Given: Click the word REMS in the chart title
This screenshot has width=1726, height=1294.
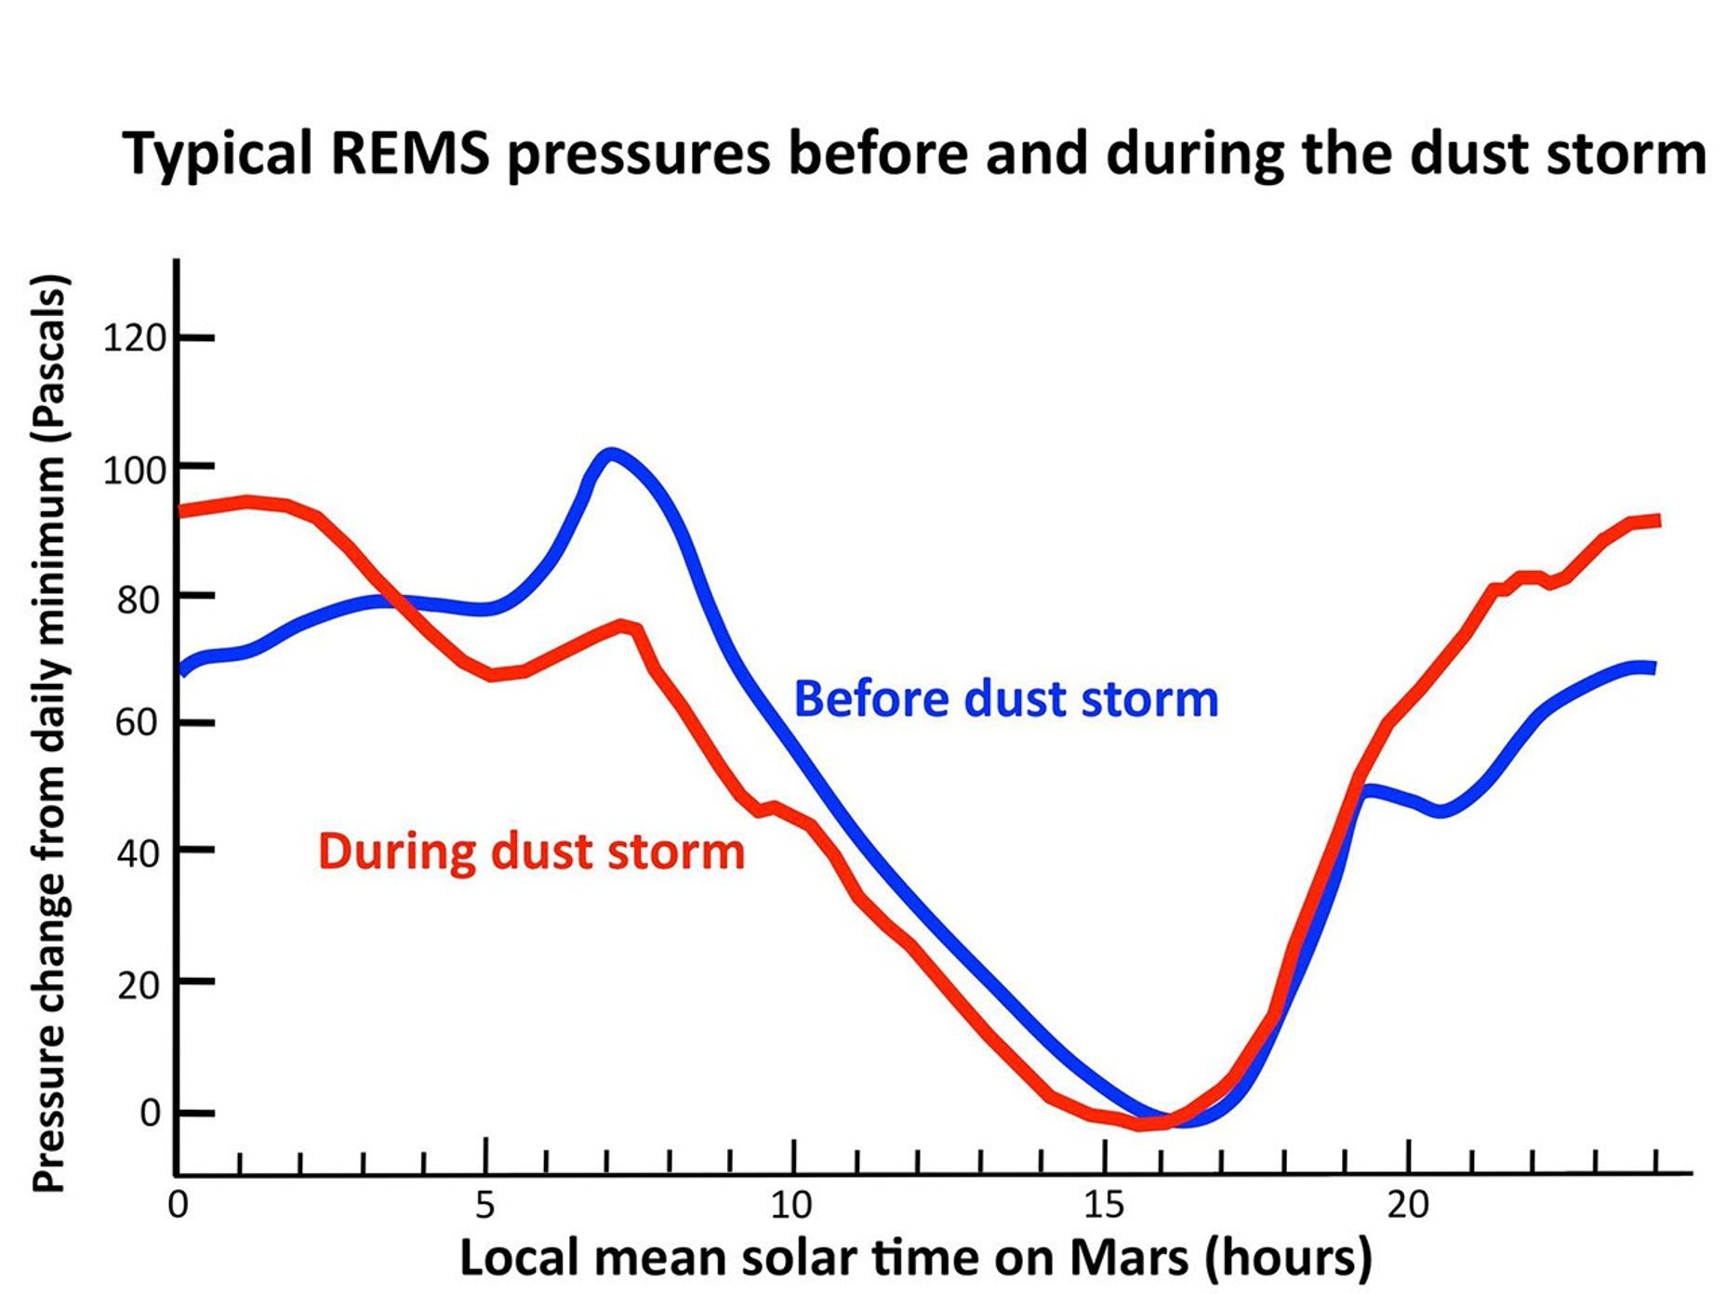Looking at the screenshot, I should coord(409,153).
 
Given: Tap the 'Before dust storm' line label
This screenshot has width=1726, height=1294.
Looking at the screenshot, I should coord(1005,699).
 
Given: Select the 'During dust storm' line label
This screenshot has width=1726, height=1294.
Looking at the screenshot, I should coord(531,852).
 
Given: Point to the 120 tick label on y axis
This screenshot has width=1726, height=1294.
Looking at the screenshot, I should coord(134,338).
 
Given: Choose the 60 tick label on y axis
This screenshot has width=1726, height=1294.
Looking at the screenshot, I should coord(139,722).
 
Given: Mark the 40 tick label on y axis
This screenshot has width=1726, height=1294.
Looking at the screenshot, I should coord(139,852).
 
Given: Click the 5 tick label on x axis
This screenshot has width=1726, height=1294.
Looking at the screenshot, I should coord(485,1205).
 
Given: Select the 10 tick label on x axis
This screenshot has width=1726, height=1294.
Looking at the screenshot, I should coord(791,1205).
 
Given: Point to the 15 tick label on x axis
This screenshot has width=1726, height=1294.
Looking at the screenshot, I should coord(1104,1205).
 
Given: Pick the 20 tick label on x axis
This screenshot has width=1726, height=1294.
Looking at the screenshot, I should coord(1408,1205).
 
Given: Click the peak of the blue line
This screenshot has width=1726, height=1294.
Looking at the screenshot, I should coord(610,455).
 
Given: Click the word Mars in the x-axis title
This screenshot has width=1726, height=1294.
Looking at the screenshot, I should coord(1128,1258).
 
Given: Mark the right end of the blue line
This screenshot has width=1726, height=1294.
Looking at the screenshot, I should coord(1653,667).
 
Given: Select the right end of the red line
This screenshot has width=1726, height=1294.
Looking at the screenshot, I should coord(1657,522).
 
